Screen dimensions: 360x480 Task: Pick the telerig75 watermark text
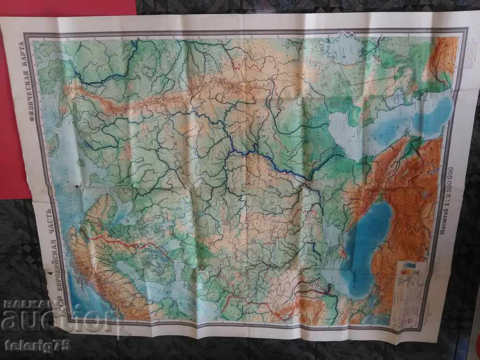[37, 346]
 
